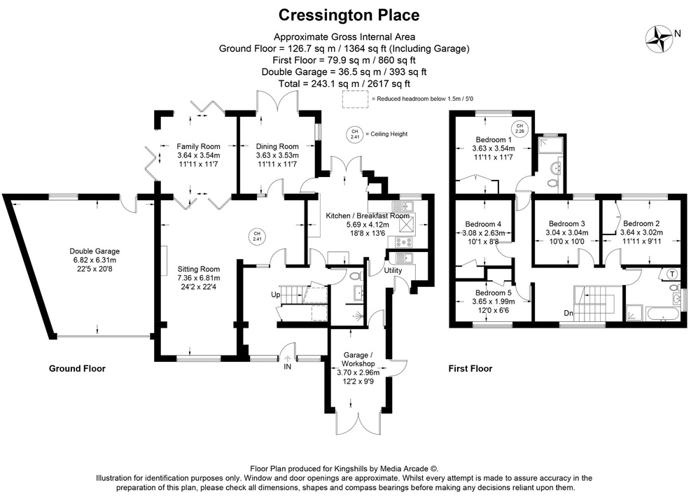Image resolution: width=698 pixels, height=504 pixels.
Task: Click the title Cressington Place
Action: [349, 15]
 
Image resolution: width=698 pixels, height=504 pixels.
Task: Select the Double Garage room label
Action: [95, 251]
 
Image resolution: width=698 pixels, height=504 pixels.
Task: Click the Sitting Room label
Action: [198, 269]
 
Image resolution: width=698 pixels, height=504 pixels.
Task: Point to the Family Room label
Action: [198, 146]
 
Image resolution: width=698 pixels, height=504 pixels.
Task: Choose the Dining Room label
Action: [277, 146]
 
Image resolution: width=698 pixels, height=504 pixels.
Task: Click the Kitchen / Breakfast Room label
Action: [367, 216]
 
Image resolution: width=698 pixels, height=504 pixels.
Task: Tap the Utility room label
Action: [393, 270]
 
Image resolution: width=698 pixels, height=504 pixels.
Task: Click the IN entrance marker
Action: [287, 366]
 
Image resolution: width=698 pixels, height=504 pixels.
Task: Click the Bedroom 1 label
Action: [493, 139]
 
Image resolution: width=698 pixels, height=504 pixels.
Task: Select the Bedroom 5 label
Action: [493, 293]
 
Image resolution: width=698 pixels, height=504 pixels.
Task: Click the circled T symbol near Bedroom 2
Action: [673, 273]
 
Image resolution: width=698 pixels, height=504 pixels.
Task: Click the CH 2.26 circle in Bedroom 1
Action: [519, 129]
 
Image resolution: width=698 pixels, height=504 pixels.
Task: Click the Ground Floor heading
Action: [76, 368]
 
